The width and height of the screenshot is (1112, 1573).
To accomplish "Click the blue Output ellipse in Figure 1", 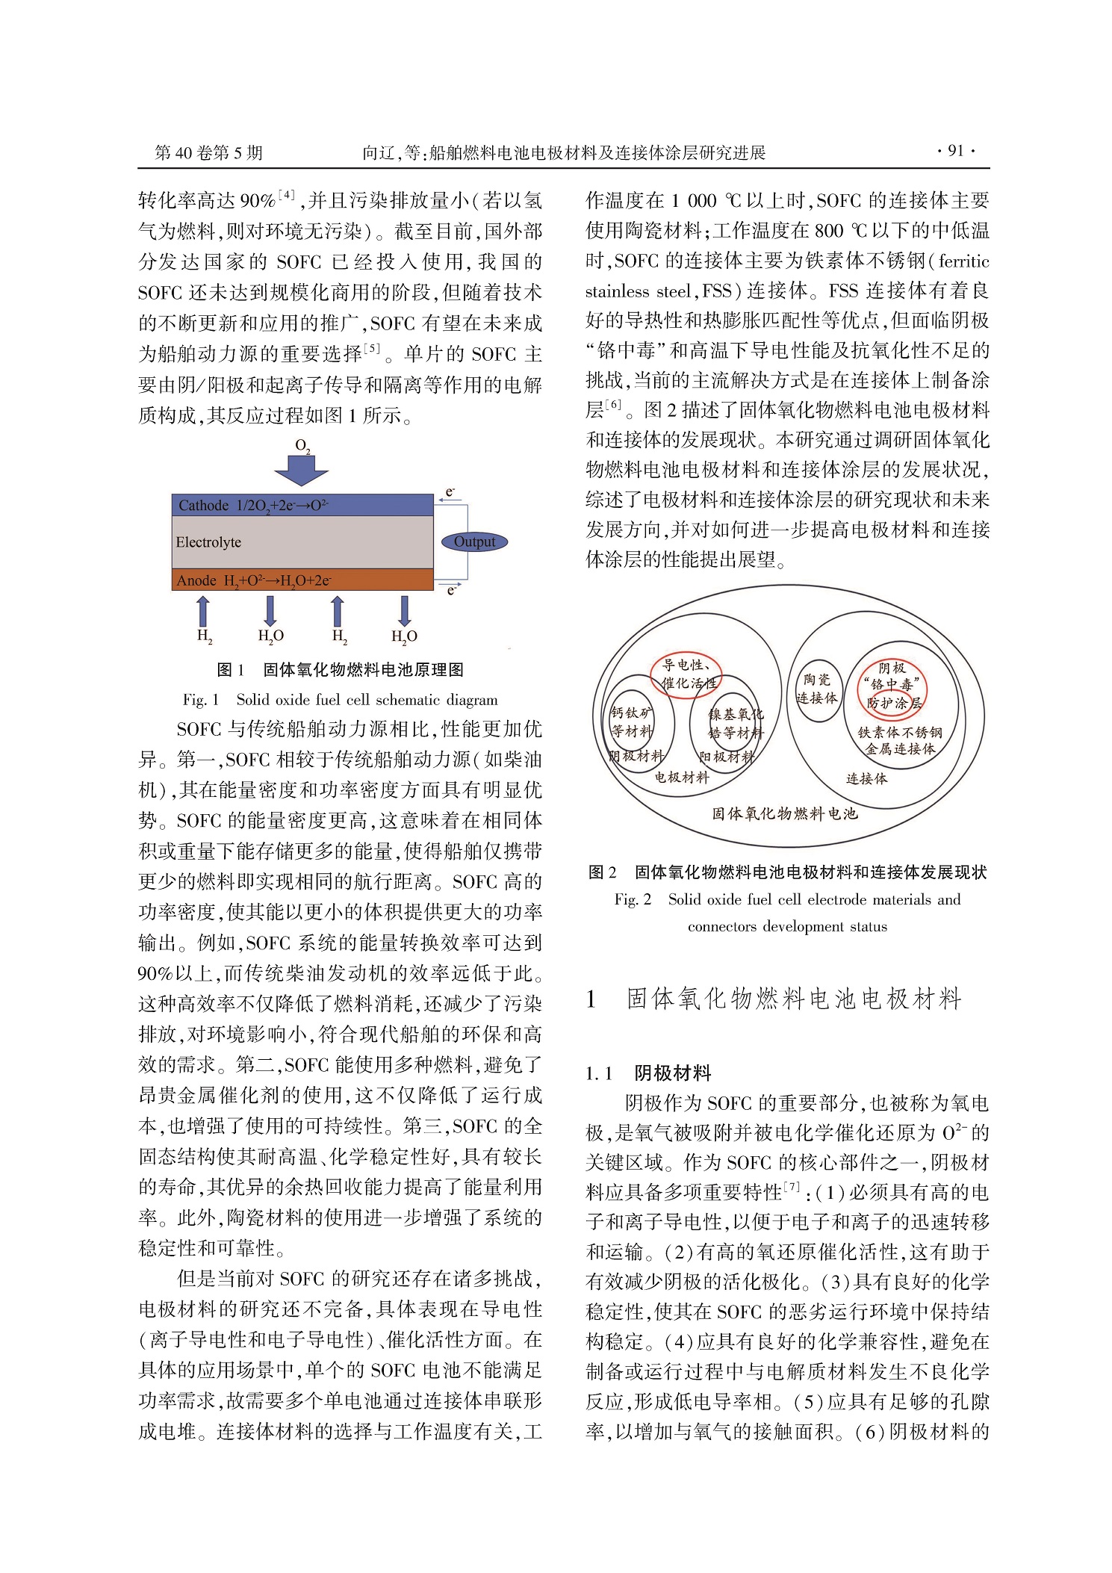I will (x=473, y=542).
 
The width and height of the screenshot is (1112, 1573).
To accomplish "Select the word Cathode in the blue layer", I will (x=203, y=506).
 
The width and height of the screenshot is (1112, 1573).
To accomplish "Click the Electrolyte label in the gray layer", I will (x=208, y=542).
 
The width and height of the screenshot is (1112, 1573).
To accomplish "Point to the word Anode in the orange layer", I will (x=196, y=580).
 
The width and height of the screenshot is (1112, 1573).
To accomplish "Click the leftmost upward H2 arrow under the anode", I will (x=203, y=610).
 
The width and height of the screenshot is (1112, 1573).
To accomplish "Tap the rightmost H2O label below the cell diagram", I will (x=404, y=636).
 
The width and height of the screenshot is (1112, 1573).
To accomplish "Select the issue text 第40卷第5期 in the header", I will (x=208, y=153).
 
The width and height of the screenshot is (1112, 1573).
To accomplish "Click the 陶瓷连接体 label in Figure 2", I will (x=816, y=689).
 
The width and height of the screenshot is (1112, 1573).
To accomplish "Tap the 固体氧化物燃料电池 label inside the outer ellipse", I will (x=783, y=813).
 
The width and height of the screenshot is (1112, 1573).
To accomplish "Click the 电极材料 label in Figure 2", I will (x=681, y=778).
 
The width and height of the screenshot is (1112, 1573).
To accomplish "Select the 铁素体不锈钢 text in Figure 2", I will (x=899, y=733).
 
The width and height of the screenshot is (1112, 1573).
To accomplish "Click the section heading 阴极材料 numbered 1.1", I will (x=672, y=1073).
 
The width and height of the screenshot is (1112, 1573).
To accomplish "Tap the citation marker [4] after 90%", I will (x=287, y=196).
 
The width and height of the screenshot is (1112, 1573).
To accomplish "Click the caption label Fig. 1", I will (x=200, y=700).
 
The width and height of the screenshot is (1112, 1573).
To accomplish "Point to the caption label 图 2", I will (x=602, y=872).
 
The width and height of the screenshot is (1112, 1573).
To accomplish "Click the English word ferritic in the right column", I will (x=963, y=261).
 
